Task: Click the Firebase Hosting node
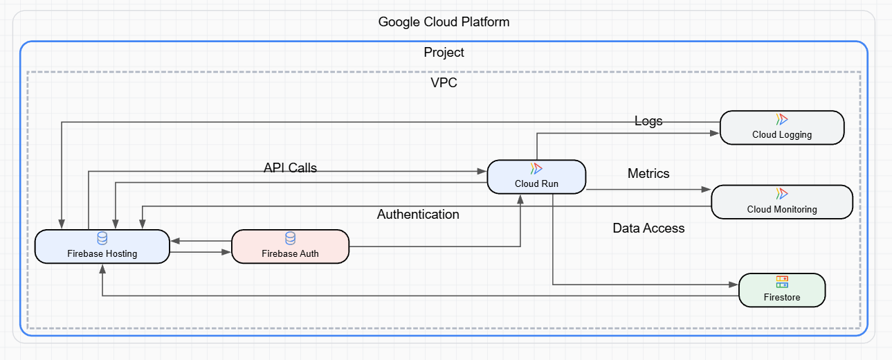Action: pos(102,246)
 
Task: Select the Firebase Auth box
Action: pos(290,246)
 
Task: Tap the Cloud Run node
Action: pos(536,177)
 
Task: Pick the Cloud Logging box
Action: pos(782,127)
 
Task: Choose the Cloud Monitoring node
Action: pos(782,201)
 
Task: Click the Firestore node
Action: pos(782,290)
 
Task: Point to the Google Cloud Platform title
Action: pos(444,22)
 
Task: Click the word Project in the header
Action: pos(444,53)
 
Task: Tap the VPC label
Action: pos(444,83)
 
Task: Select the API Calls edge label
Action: pos(290,168)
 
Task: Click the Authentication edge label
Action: pos(418,215)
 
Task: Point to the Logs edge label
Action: pos(648,121)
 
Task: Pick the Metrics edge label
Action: pos(648,173)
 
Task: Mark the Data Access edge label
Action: pos(648,228)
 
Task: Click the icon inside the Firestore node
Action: pos(782,282)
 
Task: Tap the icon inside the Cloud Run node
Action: pos(536,168)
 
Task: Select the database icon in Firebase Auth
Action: pos(290,238)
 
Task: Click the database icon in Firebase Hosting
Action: pos(102,238)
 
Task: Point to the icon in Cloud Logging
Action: pos(782,119)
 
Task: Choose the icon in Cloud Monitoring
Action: pos(782,193)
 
